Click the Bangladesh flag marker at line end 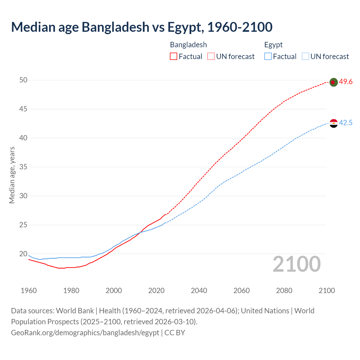(333, 82)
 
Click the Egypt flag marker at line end (333, 123)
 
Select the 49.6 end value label (346, 82)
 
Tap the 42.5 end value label (346, 123)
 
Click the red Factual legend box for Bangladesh (174, 57)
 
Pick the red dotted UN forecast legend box (211, 57)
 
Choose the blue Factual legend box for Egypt (268, 57)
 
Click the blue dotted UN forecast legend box (305, 57)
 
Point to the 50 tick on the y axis (23, 80)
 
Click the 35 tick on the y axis (23, 167)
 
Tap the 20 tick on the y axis (23, 254)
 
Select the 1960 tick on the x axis (29, 291)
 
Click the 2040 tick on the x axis (199, 291)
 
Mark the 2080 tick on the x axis (284, 291)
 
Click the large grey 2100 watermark (296, 264)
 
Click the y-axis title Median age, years (12, 175)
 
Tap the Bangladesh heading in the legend (188, 45)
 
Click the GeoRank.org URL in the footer (85, 333)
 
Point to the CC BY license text (175, 333)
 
